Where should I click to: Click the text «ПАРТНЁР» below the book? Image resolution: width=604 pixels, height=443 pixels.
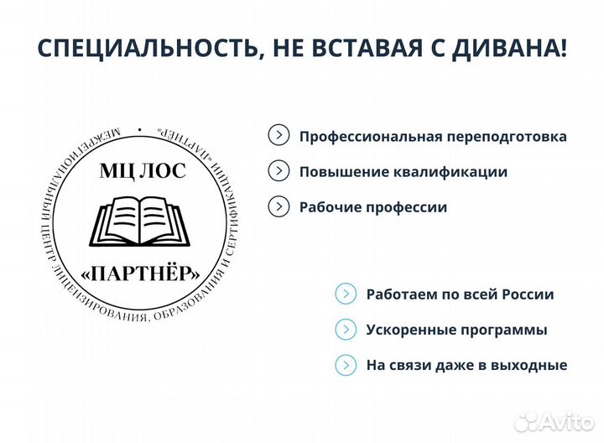tap(143, 273)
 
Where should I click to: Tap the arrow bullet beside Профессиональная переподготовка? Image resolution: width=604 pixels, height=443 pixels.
tap(278, 135)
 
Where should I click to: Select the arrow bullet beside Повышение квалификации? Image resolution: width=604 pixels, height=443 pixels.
tap(278, 171)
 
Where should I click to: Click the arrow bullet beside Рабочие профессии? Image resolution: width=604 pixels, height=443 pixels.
tap(278, 206)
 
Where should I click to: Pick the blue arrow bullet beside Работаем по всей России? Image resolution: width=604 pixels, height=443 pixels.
tap(345, 294)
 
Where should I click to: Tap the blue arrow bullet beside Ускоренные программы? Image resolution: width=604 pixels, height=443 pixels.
tap(345, 329)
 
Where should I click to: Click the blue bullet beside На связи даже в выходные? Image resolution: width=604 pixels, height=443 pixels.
tap(345, 365)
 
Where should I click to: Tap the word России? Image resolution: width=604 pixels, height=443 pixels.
tap(527, 294)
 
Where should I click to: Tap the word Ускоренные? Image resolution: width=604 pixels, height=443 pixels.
tap(406, 331)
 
